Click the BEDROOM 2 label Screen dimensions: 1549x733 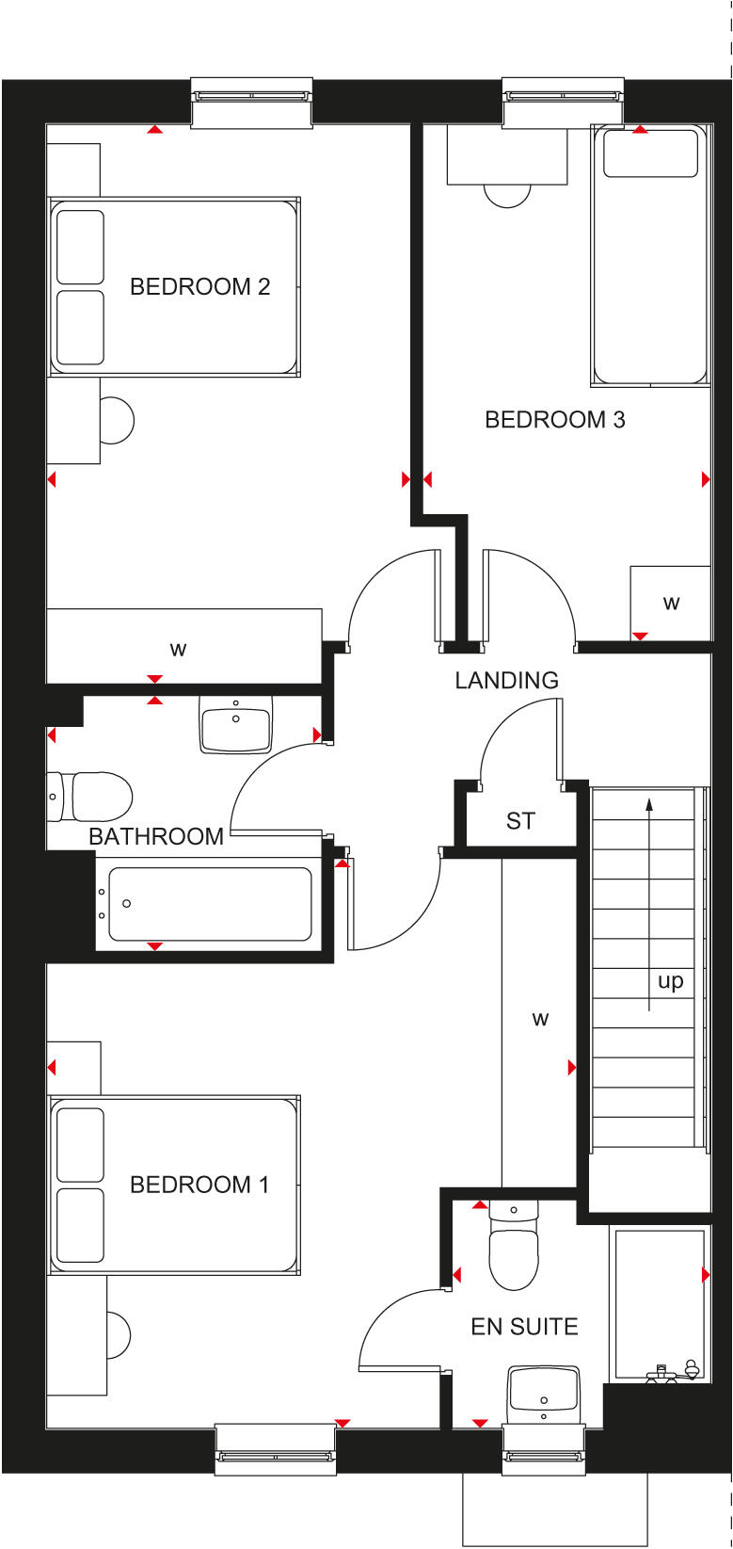(199, 286)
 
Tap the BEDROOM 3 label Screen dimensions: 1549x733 (554, 419)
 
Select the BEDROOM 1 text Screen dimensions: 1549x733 (199, 1185)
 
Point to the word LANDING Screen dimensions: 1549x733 (506, 680)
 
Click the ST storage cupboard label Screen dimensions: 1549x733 (520, 821)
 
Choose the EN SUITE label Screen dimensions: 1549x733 (524, 1327)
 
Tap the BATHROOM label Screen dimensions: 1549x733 (156, 836)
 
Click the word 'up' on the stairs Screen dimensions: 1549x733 (670, 981)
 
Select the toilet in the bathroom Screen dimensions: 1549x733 (92, 797)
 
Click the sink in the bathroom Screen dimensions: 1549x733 (235, 725)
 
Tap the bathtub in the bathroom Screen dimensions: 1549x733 (209, 904)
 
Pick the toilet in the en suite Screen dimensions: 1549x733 (514, 1248)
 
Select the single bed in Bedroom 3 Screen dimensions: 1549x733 (650, 254)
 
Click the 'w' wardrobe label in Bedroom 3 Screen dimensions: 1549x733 (671, 603)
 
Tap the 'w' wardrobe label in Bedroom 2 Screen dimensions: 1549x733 (178, 649)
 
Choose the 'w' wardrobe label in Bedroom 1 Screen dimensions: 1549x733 (539, 1018)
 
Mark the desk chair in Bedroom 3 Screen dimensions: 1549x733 (506, 193)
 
